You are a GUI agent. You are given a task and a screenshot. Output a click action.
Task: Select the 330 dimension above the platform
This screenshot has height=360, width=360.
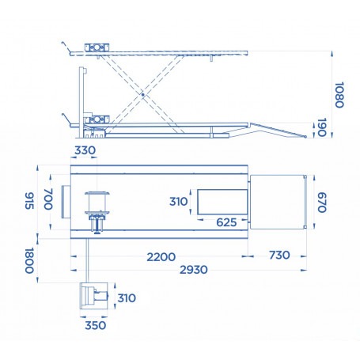(x=85, y=150)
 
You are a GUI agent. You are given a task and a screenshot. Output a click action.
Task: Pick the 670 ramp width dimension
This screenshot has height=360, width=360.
(x=320, y=203)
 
